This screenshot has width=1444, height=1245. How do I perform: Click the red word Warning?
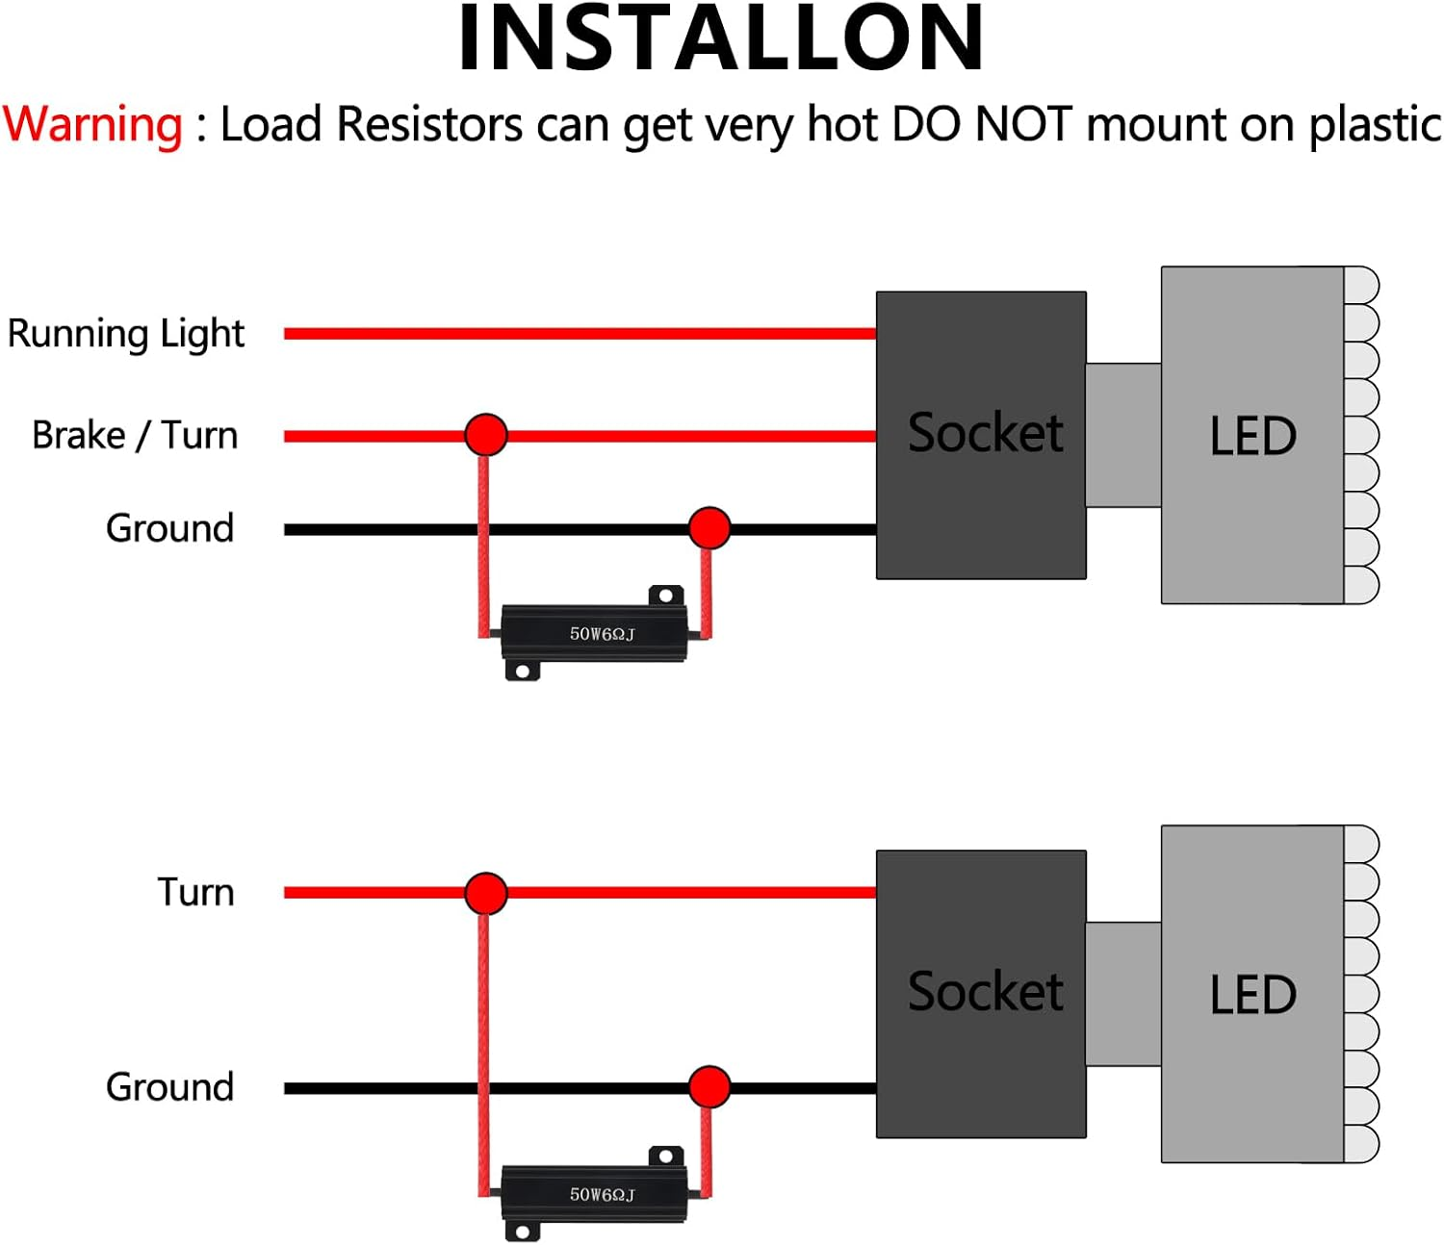tap(92, 125)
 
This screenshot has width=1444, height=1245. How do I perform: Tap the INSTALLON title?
tap(721, 39)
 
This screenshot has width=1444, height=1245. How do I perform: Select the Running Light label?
tap(126, 335)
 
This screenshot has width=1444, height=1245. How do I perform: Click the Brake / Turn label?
tap(135, 436)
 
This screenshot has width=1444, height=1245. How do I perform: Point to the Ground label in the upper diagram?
tap(169, 528)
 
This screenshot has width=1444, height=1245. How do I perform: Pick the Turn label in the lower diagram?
tap(195, 893)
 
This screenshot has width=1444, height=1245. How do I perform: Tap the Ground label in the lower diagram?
tap(169, 1087)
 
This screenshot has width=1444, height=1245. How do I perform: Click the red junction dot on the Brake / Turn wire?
tap(485, 435)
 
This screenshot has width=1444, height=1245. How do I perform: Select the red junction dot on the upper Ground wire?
tap(709, 528)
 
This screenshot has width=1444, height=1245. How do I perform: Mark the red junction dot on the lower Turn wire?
tap(485, 893)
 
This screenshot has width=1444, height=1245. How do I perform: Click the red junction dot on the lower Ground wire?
tap(709, 1087)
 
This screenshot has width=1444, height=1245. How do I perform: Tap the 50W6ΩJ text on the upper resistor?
tap(602, 634)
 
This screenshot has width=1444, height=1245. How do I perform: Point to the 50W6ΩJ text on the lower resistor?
tap(602, 1195)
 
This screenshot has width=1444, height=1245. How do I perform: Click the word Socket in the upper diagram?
tap(985, 433)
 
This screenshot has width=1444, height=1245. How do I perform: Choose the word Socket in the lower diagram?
tap(985, 992)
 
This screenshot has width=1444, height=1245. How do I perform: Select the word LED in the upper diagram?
tap(1252, 436)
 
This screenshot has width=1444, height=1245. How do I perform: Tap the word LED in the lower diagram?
tap(1252, 995)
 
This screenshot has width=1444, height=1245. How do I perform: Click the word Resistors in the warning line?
tap(429, 125)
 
